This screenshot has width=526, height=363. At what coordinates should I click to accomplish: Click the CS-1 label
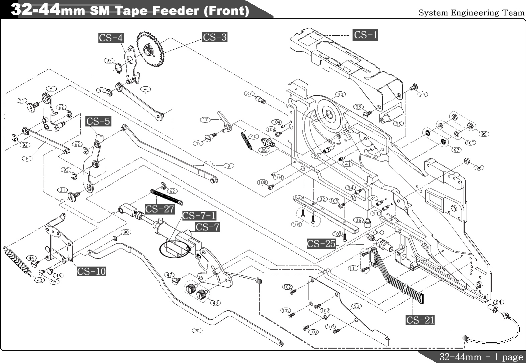click(x=365, y=35)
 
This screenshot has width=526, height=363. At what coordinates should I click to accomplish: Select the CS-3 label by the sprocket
click(x=215, y=37)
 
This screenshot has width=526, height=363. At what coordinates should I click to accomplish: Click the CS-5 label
click(x=98, y=121)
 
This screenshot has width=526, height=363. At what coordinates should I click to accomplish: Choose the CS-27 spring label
click(x=160, y=209)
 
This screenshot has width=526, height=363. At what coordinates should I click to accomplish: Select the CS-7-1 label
click(x=199, y=216)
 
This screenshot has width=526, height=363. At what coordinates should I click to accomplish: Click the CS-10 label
click(x=91, y=271)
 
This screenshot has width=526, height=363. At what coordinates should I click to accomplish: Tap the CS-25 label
click(x=321, y=244)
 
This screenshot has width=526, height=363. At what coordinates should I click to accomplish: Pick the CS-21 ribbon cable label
click(x=420, y=320)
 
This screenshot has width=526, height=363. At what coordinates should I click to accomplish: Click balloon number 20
click(x=197, y=330)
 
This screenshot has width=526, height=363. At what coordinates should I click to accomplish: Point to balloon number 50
click(x=357, y=306)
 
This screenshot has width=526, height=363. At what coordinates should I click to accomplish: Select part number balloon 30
click(x=340, y=94)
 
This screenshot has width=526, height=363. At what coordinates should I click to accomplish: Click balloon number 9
click(x=229, y=166)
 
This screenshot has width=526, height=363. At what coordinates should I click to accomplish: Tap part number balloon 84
click(x=498, y=302)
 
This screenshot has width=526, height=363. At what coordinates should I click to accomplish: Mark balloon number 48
click(x=215, y=302)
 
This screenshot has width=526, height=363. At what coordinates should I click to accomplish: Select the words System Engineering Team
click(x=471, y=13)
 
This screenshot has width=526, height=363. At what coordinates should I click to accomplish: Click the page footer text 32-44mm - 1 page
click(x=481, y=357)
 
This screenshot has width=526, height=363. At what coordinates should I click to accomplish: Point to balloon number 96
click(x=479, y=168)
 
